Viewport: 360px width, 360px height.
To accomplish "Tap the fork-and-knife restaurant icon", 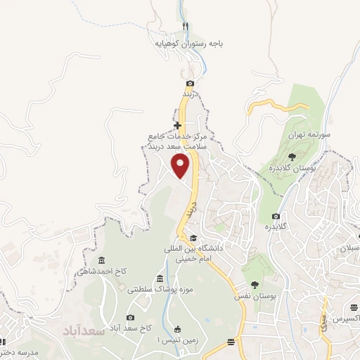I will click(186, 27).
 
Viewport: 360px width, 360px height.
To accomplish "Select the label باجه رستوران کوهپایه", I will click(189, 43).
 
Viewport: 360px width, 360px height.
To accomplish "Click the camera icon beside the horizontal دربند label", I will click(190, 84).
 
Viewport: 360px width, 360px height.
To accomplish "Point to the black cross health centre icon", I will click(178, 125).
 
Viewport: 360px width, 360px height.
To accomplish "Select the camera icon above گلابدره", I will click(276, 216).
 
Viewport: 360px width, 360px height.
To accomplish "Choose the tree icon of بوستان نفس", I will click(254, 285).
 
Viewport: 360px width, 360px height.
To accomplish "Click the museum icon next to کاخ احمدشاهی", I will click(101, 261).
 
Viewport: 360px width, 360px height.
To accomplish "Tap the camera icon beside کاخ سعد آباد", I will click(130, 317).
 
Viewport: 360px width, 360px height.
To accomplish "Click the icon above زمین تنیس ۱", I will click(176, 329).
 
